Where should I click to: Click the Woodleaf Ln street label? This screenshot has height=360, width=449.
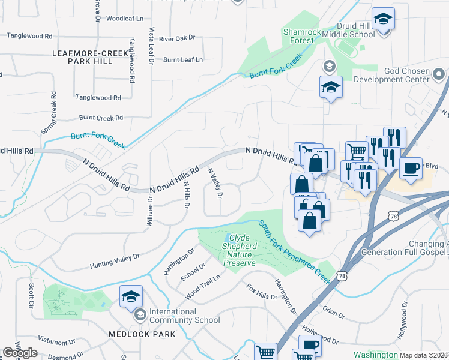pyautogui.click(x=124, y=19)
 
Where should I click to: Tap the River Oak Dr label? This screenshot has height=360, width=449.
pyautogui.click(x=177, y=38)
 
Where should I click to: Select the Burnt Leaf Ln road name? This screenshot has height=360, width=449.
pyautogui.click(x=183, y=60)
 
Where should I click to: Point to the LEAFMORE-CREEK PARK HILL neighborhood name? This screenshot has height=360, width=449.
pyautogui.click(x=90, y=57)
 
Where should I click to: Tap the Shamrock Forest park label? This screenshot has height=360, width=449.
pyautogui.click(x=298, y=36)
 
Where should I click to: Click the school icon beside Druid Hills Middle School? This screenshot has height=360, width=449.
pyautogui.click(x=382, y=19)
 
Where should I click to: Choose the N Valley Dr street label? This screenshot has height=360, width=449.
pyautogui.click(x=215, y=183)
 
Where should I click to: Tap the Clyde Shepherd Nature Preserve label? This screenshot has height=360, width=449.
pyautogui.click(x=240, y=250)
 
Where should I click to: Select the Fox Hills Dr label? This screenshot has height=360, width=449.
pyautogui.click(x=262, y=292)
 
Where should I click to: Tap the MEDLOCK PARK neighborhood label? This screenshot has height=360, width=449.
pyautogui.click(x=142, y=334)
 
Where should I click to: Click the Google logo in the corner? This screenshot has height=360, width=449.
pyautogui.click(x=20, y=353)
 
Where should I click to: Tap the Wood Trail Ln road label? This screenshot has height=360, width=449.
pyautogui.click(x=203, y=285)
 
